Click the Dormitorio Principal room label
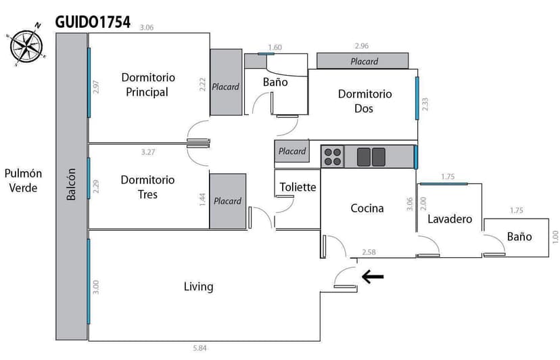(148, 85)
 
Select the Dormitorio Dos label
(365, 101)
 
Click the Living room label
(199, 286)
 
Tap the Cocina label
(367, 208)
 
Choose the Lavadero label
(449, 219)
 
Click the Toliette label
(298, 187)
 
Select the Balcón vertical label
(71, 184)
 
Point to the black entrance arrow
(373, 276)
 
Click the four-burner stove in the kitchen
(332, 157)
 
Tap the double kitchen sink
(371, 157)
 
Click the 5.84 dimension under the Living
(200, 348)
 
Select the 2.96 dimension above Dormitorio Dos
(362, 46)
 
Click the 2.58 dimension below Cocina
(369, 252)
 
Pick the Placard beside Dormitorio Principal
(226, 87)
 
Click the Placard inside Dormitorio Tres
(227, 201)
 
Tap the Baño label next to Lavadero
(519, 236)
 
